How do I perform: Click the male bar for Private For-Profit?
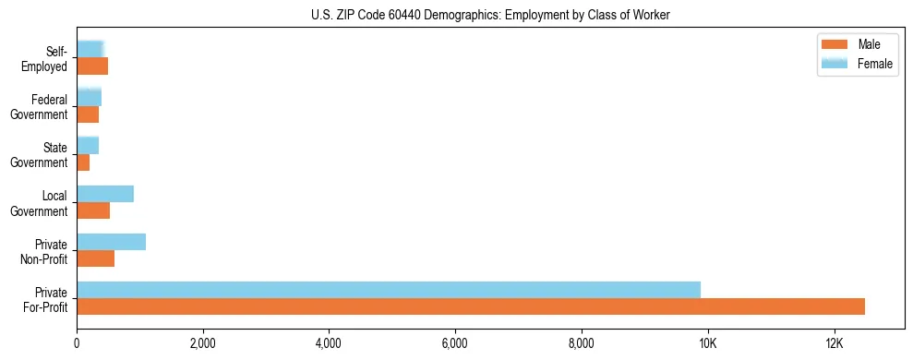tap(471, 306)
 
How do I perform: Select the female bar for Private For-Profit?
tap(389, 290)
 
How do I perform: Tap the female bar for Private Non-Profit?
tap(111, 242)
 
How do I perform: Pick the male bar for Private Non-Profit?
tap(95, 258)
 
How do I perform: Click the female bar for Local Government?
tap(105, 194)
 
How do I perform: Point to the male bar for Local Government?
tap(93, 210)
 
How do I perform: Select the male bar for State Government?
tap(83, 162)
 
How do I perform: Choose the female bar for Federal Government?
tap(89, 98)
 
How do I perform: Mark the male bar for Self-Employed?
tap(92, 66)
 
